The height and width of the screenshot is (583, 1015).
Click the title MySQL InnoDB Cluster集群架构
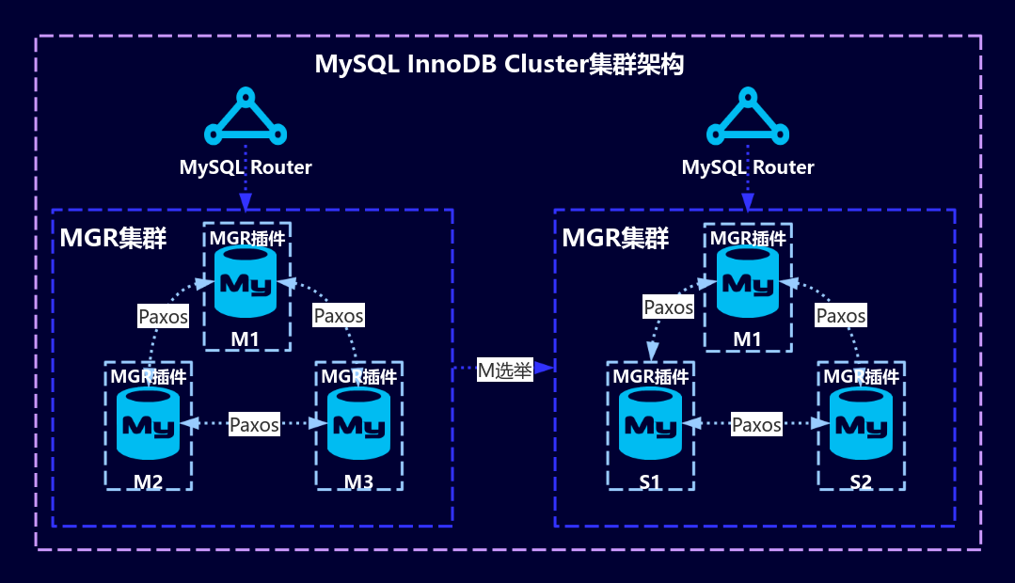(x=500, y=65)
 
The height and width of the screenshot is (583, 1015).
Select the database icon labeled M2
(x=148, y=424)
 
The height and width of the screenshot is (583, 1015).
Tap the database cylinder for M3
(x=358, y=424)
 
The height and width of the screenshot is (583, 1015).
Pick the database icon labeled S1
(x=650, y=424)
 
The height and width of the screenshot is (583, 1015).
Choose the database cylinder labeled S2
(x=861, y=424)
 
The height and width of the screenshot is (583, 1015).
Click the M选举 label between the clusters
(x=505, y=370)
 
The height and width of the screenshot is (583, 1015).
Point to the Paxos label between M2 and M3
(x=255, y=425)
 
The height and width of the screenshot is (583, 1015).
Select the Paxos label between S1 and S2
(x=757, y=425)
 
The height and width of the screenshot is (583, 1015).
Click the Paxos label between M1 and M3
(x=339, y=316)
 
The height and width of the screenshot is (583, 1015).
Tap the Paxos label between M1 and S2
(x=841, y=316)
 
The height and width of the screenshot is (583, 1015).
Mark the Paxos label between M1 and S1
(x=669, y=307)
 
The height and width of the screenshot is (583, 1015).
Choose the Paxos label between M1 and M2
(x=164, y=316)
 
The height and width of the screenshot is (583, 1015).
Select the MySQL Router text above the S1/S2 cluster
(x=748, y=167)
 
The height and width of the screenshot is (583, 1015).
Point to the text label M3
(x=358, y=482)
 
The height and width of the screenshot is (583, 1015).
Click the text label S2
(x=861, y=482)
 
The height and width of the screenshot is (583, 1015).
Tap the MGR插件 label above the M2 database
(x=148, y=376)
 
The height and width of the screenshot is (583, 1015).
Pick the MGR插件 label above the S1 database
(x=650, y=376)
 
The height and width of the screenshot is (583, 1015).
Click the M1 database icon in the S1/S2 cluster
(x=748, y=283)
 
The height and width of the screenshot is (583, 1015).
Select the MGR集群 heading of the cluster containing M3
(x=113, y=238)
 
